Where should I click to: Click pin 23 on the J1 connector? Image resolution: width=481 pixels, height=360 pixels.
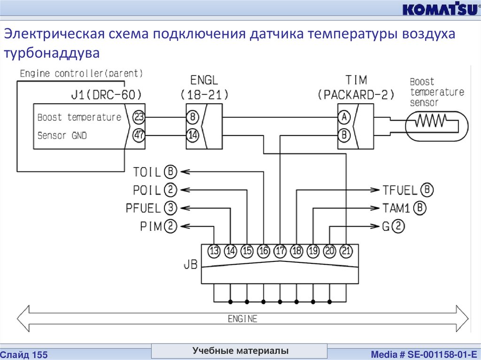(139, 117)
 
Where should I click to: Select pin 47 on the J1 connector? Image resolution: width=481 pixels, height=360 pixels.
(139, 135)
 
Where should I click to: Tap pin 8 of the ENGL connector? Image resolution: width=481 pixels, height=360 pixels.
(193, 117)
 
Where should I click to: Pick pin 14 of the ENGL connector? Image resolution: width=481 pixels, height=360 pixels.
(193, 135)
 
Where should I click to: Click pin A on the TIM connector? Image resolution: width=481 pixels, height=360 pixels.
(344, 117)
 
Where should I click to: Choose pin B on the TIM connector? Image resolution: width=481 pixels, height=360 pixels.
(344, 135)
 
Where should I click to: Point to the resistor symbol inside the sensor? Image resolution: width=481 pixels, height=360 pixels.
(428, 123)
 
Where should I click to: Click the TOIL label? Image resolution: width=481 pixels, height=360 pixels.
(147, 172)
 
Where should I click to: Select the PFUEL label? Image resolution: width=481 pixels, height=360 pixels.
(143, 208)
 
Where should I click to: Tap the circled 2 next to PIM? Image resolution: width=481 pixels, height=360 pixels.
(170, 227)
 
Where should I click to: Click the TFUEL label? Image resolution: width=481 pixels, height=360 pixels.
(400, 190)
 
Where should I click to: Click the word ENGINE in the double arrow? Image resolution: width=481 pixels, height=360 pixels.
(242, 319)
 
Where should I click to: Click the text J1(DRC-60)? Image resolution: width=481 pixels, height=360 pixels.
(105, 94)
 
